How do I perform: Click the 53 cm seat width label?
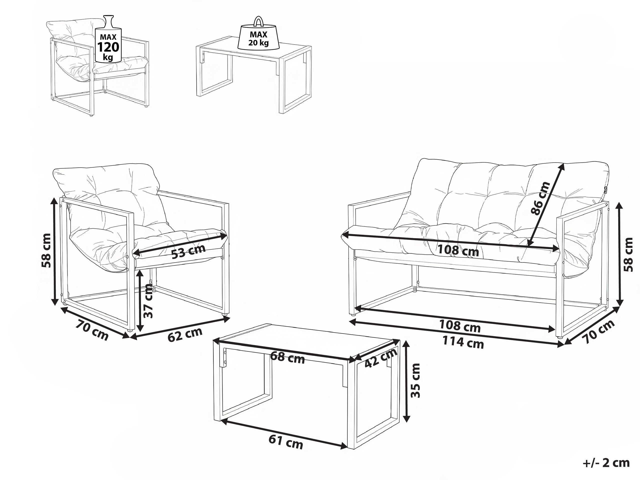[x=188, y=251]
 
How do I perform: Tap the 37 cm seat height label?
[x=148, y=301]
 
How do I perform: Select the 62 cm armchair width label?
[x=185, y=334]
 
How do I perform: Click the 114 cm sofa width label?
[x=463, y=343]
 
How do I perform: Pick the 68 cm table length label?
[x=287, y=358]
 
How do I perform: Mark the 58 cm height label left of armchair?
[x=46, y=251]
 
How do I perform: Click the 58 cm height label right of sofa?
[x=629, y=255]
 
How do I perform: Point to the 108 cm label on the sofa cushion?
[x=458, y=250]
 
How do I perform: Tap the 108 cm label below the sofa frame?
[x=460, y=326]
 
